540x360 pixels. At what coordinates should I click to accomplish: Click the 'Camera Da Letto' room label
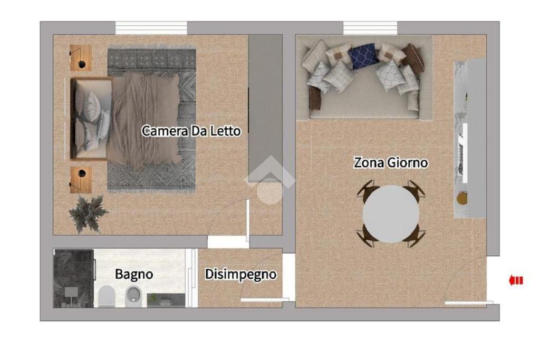pos(191,131)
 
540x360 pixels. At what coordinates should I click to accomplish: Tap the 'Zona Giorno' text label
pos(390,163)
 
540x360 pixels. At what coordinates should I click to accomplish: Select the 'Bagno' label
pos(134,274)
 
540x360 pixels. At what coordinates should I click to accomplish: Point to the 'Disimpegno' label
pos(240,275)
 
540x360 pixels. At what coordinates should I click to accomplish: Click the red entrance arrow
pos(516,280)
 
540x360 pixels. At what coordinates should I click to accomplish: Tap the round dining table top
pos(391,213)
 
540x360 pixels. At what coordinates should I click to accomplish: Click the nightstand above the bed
pos(81,57)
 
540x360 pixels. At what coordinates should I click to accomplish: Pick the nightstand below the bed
pos(81,180)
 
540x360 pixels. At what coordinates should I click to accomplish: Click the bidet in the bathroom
pos(133,296)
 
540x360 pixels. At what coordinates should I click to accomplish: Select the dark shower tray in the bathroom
pos(73,278)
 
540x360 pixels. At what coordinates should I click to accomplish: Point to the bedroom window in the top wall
pos(151,27)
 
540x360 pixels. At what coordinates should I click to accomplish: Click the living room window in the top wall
pos(370,27)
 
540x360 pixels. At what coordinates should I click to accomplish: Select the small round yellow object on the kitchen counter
pos(462,198)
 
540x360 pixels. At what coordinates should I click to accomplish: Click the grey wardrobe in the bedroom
pos(265,108)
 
